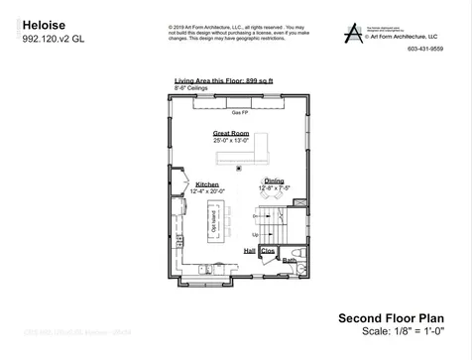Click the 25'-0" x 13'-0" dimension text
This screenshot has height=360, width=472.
(x=232, y=141)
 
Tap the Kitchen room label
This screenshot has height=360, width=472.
(x=206, y=184)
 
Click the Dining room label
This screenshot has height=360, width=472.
(x=274, y=180)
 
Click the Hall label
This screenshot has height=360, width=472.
(x=251, y=252)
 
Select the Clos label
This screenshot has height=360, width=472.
(x=267, y=252)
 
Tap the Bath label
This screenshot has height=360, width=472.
(x=290, y=259)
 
